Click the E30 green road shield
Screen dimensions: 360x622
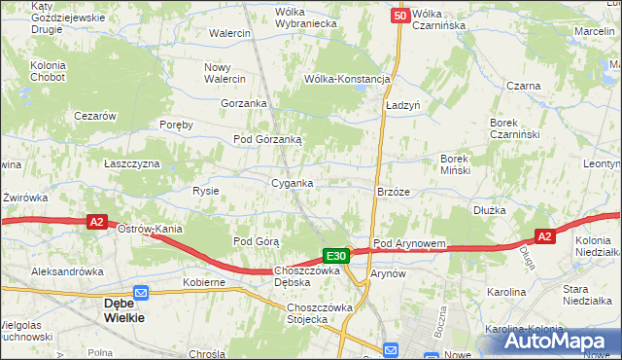(x=336, y=256)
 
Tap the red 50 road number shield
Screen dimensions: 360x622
(x=400, y=16)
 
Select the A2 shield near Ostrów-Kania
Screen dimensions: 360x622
(x=96, y=223)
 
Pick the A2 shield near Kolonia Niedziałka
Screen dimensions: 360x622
(x=545, y=236)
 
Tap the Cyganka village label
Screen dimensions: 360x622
(x=292, y=183)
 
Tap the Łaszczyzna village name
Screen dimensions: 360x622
(x=132, y=163)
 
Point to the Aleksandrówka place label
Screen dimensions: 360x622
(x=67, y=271)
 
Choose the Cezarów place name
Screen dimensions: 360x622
(x=96, y=116)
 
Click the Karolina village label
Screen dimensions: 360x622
(x=506, y=291)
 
